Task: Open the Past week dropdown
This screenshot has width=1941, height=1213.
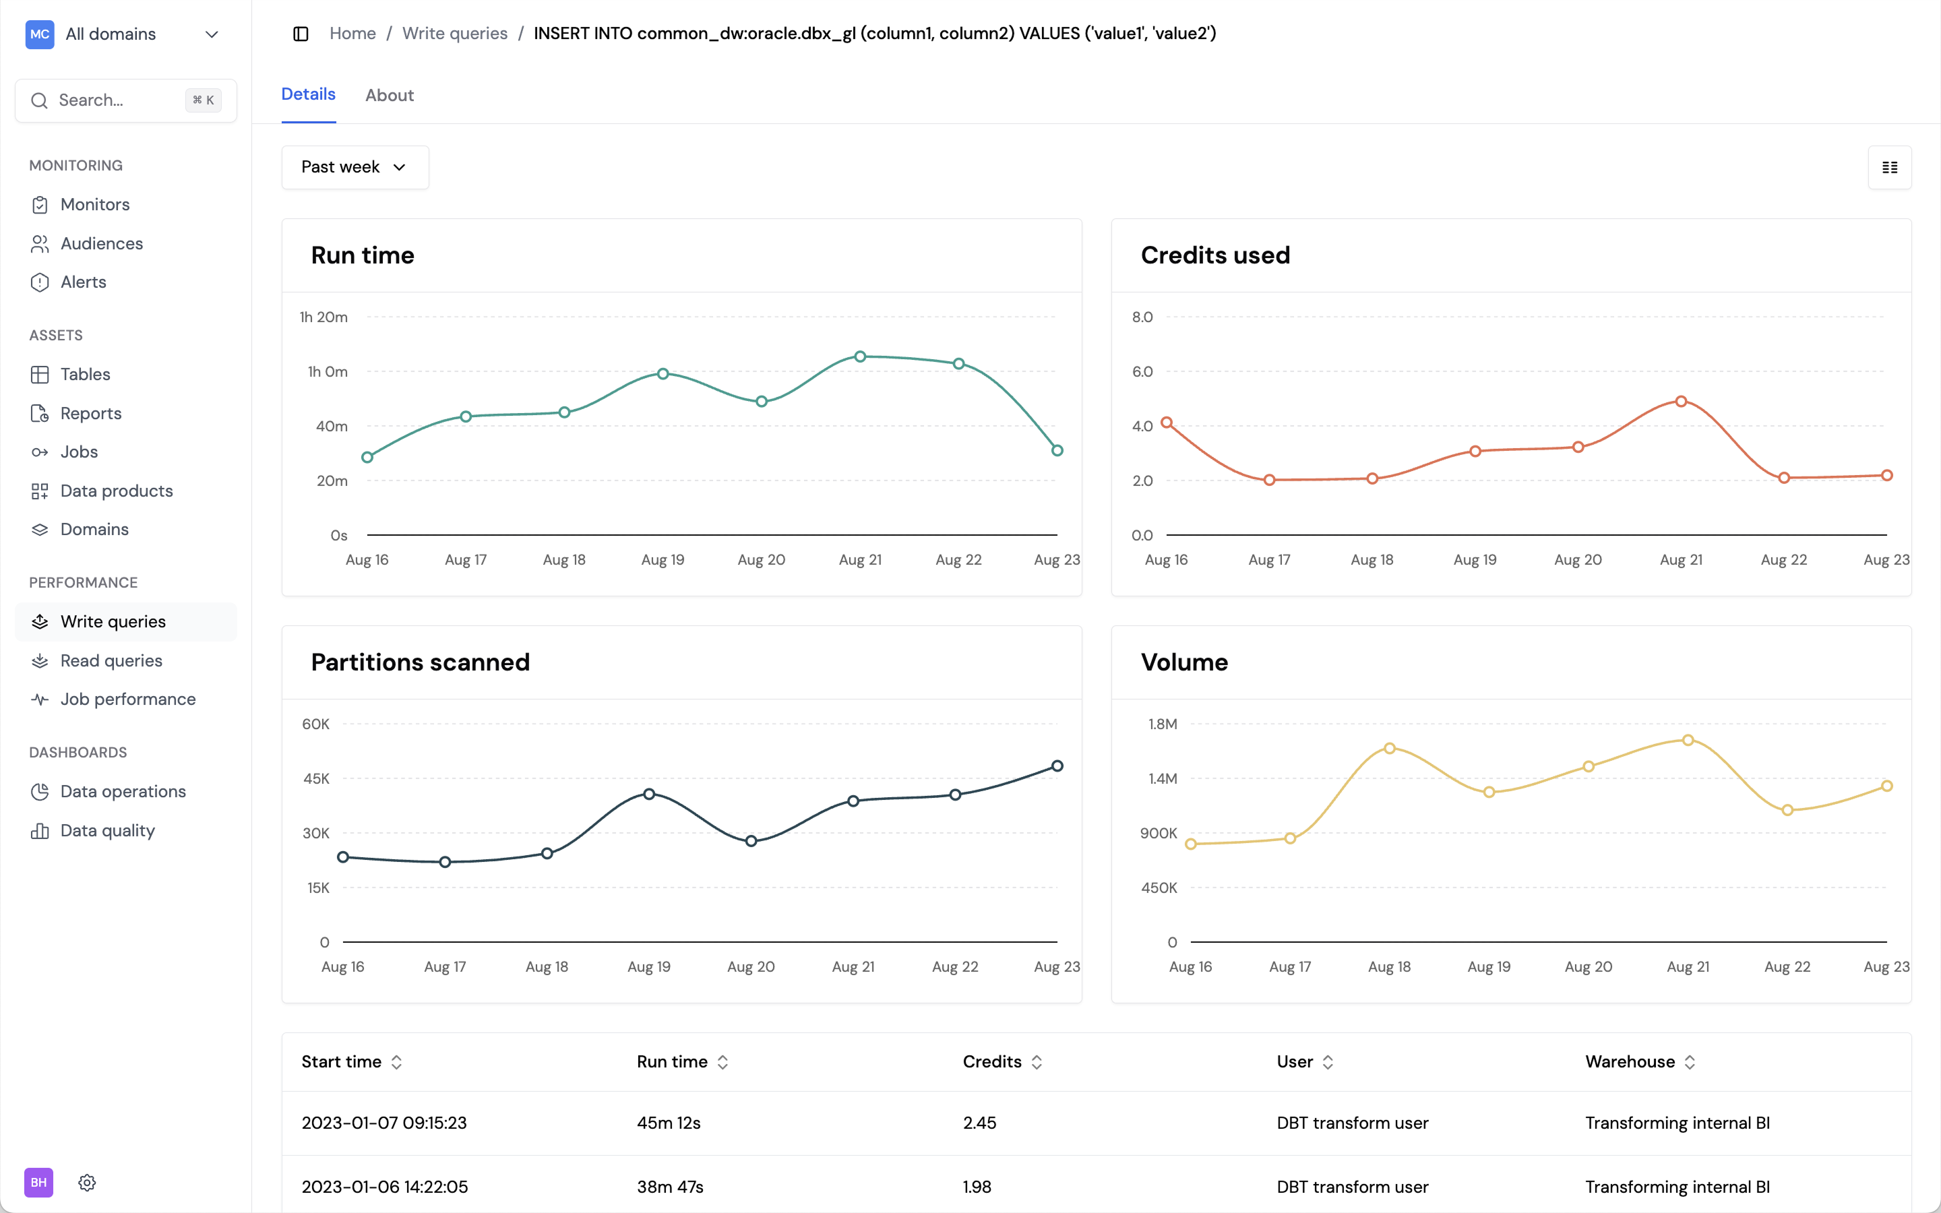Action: [355, 167]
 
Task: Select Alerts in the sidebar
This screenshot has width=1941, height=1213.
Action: [83, 282]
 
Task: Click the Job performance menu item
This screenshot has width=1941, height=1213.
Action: [127, 699]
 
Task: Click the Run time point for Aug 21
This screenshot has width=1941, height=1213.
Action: [860, 356]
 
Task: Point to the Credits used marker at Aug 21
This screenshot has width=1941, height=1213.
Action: [1681, 401]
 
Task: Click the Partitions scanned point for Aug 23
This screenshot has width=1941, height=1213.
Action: [1057, 766]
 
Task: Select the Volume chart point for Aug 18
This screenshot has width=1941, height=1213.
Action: [1389, 748]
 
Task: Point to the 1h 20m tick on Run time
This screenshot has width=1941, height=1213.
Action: [323, 317]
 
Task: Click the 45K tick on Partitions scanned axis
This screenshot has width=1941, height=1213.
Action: [316, 778]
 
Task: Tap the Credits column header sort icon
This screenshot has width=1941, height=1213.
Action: [1037, 1062]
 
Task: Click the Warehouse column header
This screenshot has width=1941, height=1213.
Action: [1630, 1061]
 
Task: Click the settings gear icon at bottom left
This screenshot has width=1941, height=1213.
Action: [88, 1182]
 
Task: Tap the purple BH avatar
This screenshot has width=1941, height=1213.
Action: [38, 1182]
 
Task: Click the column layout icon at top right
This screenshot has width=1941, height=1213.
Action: [1889, 167]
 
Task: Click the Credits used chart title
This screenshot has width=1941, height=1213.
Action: [1215, 255]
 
